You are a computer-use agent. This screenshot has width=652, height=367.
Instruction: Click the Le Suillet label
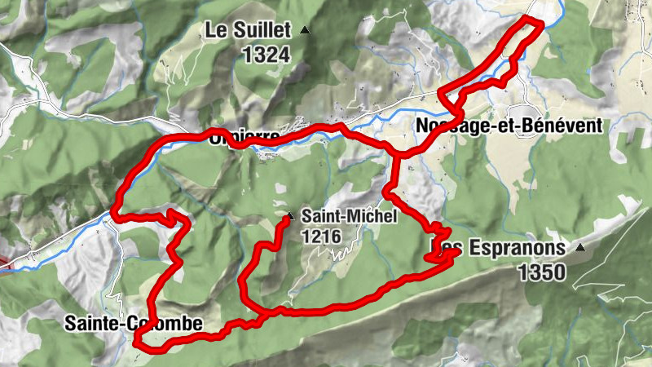(x=249, y=32)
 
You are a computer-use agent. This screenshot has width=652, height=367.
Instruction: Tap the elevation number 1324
(x=266, y=55)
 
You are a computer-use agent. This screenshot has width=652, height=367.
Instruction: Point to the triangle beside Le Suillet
(x=305, y=31)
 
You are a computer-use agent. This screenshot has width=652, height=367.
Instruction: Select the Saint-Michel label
(x=348, y=217)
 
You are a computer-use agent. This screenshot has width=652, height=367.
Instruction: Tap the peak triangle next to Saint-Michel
(x=290, y=217)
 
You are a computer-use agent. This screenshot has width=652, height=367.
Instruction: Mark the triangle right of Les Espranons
(x=580, y=246)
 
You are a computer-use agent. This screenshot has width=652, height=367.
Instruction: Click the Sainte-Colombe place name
(x=134, y=324)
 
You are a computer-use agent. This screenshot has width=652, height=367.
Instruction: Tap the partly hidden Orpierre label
(x=244, y=136)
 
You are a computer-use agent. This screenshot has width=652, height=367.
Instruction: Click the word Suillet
(x=263, y=32)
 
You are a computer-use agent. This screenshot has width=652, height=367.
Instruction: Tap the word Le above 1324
(x=216, y=32)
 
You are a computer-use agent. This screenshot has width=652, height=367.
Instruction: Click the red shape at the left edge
(x=5, y=264)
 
